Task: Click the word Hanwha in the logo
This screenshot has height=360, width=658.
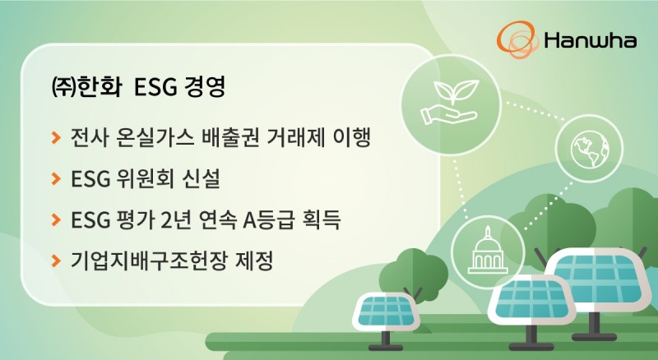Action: [x=589, y=39]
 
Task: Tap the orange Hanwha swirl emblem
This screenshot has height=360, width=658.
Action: [x=517, y=38]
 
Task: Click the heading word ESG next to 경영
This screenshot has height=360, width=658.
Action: [x=151, y=87]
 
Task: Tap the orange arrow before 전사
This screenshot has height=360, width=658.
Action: [x=55, y=136]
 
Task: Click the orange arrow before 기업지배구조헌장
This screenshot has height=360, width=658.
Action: [x=55, y=262]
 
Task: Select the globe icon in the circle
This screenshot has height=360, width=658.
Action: [x=586, y=148]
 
